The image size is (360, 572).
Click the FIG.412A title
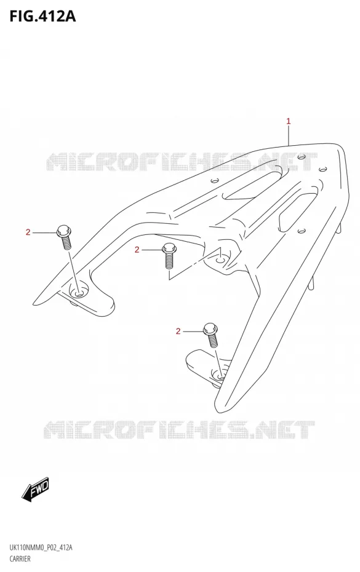pos(42,16)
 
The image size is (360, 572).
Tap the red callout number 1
pos(288,121)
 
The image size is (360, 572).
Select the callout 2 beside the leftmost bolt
pos(28,232)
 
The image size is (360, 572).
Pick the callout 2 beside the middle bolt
pos(137,250)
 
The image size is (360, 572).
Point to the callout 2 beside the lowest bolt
pos(178,331)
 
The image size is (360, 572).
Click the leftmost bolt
pos(64,237)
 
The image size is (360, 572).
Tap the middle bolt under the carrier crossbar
pos(169,256)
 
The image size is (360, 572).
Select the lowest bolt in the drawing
pos(211,335)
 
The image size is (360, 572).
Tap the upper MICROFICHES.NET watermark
pos(182,162)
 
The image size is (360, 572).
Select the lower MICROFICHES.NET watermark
pos(179,429)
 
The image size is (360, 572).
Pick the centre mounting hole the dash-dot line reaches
pos(220,260)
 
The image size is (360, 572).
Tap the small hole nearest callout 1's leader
pos(302,157)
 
